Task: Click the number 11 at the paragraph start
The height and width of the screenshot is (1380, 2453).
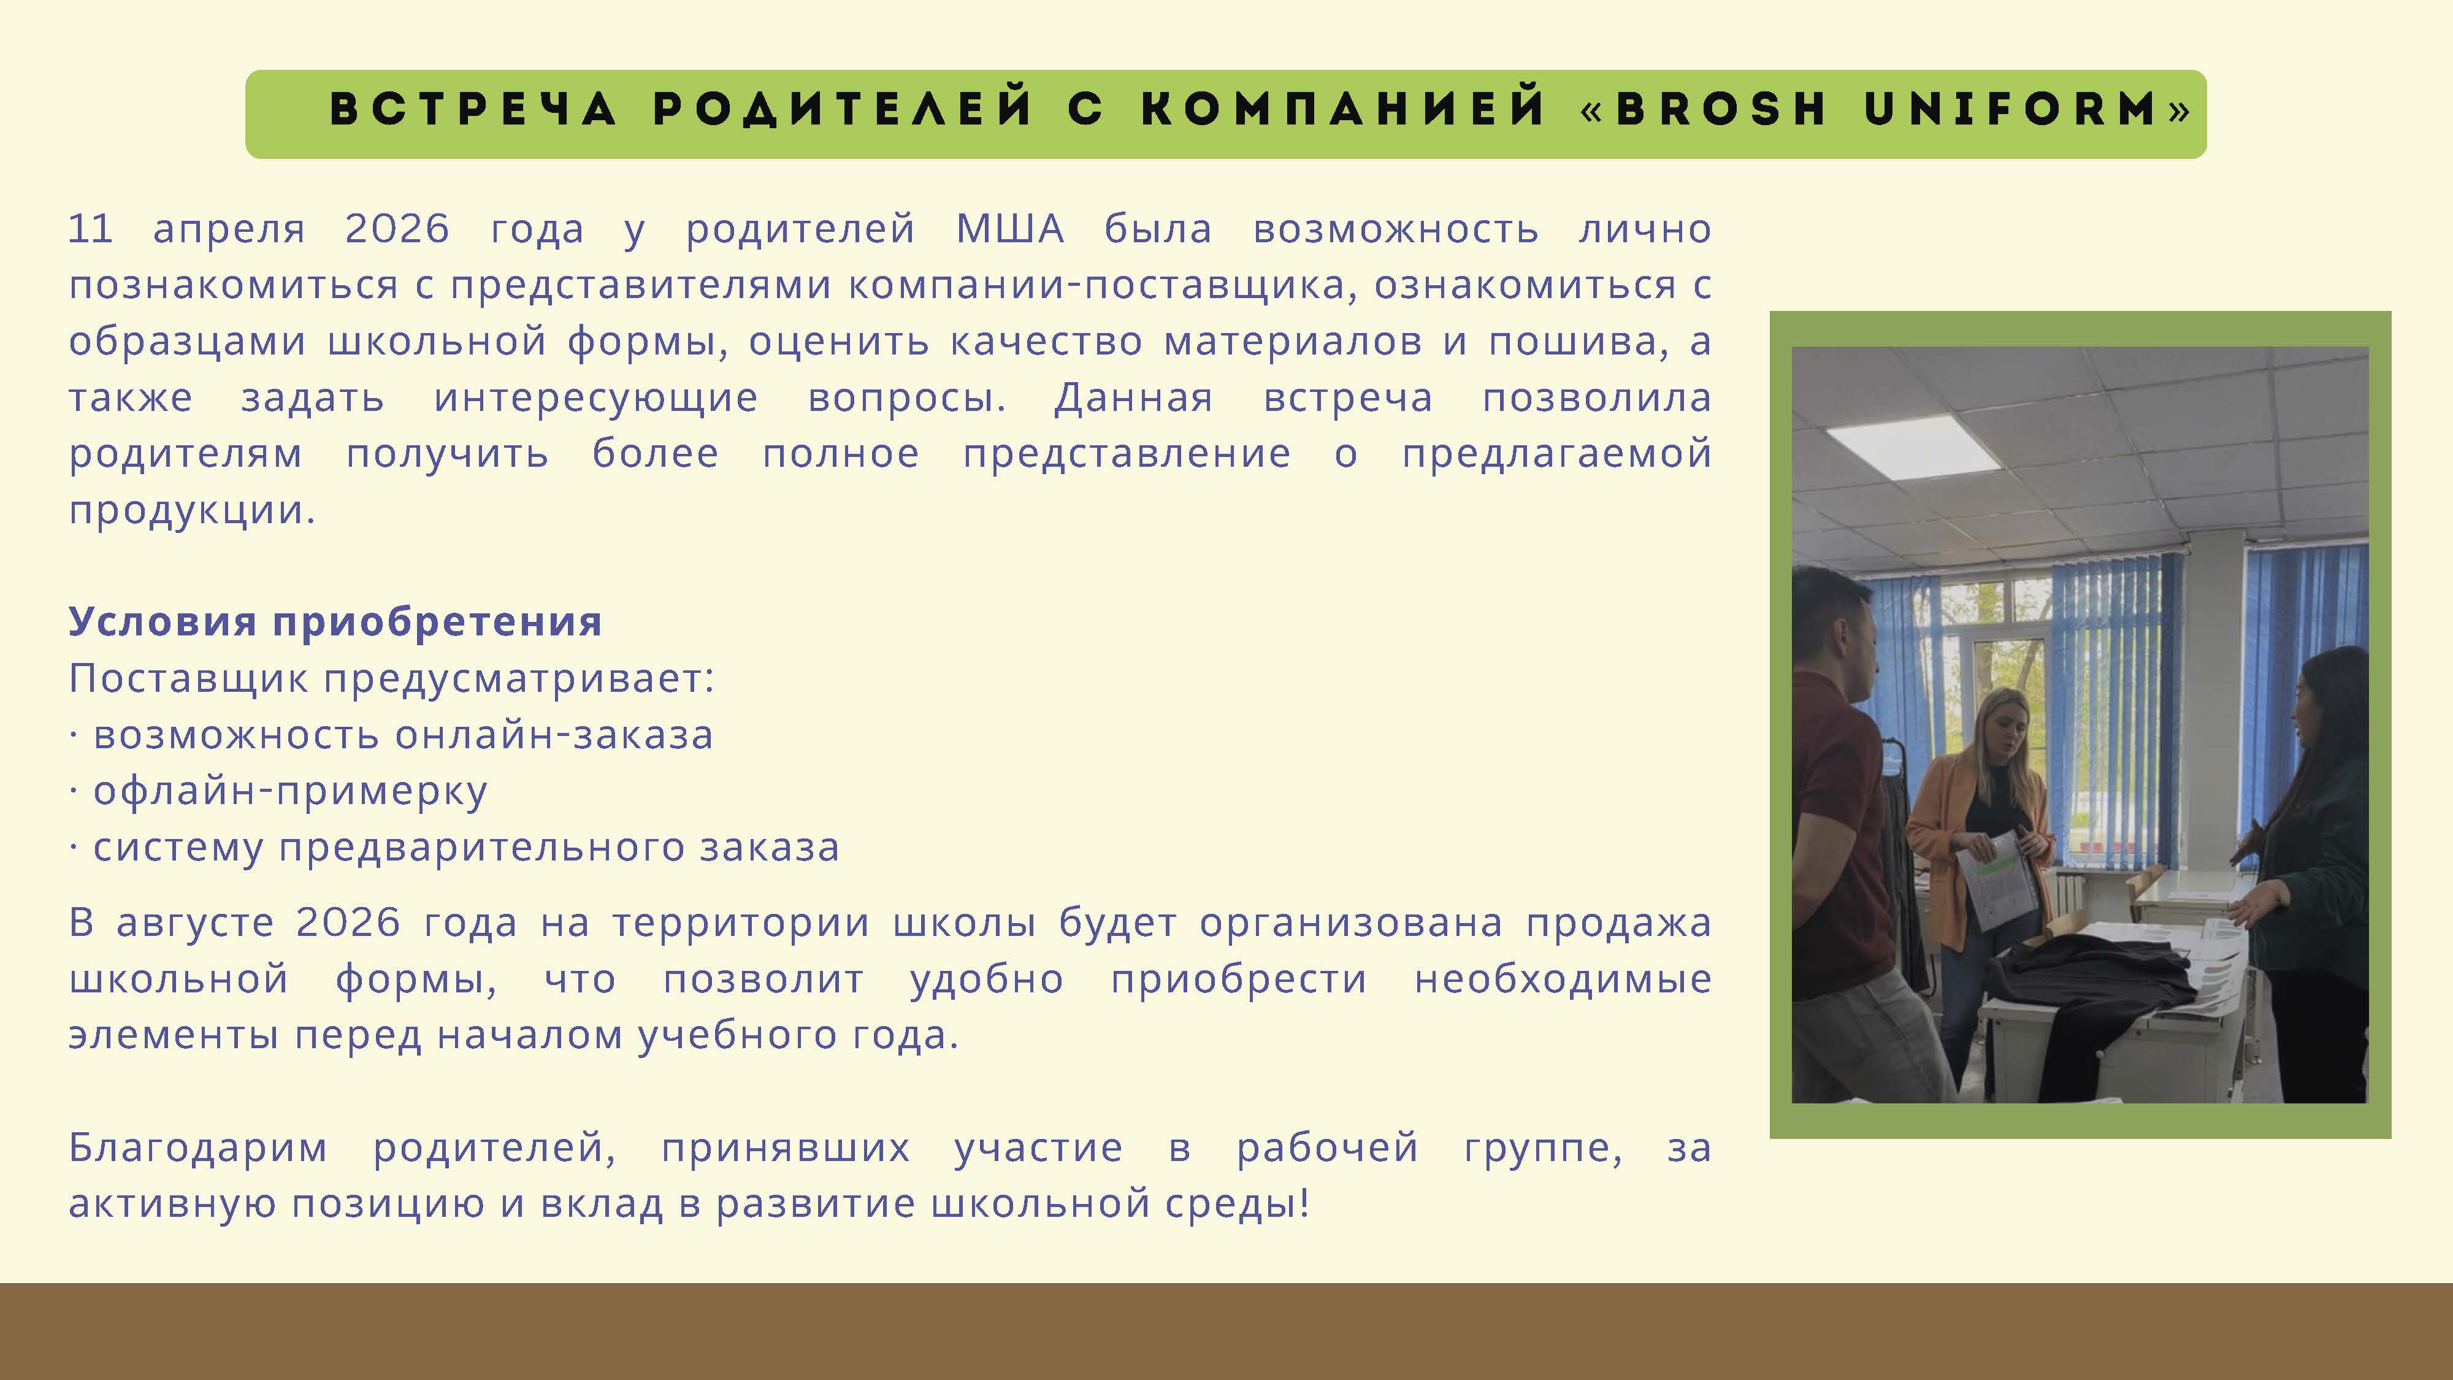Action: [x=91, y=229]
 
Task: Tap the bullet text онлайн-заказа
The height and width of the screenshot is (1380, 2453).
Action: [x=554, y=735]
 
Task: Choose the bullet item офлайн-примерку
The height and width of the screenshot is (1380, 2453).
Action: [x=291, y=791]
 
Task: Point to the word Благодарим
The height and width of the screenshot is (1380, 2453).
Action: [x=198, y=1148]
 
